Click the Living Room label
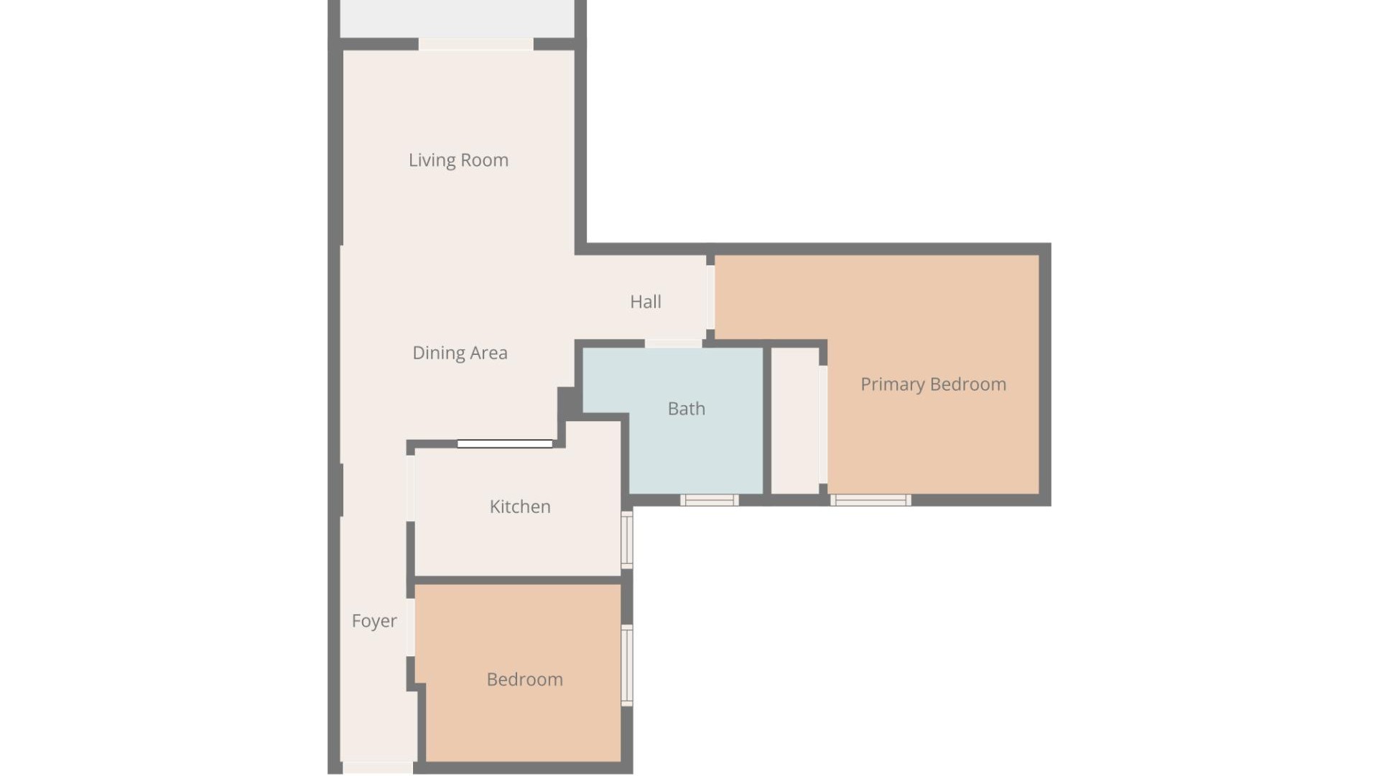pos(458,160)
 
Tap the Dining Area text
pos(460,353)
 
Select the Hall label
pos(645,302)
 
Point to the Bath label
pos(686,409)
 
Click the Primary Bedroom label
pos(933,384)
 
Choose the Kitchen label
pos(520,507)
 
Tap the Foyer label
pos(373,621)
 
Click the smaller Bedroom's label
pos(524,680)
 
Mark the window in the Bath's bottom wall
pos(709,500)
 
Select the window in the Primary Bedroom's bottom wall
pos(870,500)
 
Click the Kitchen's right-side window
pos(627,540)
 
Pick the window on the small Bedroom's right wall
pos(627,665)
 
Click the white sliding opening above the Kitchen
pos(505,444)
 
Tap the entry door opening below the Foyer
pos(378,768)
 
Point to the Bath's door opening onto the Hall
pos(673,343)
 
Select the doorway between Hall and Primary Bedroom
pos(710,297)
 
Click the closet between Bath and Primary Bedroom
pos(795,421)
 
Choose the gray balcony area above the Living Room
pos(457,19)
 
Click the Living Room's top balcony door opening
pos(475,45)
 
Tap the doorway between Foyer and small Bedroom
pos(411,627)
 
